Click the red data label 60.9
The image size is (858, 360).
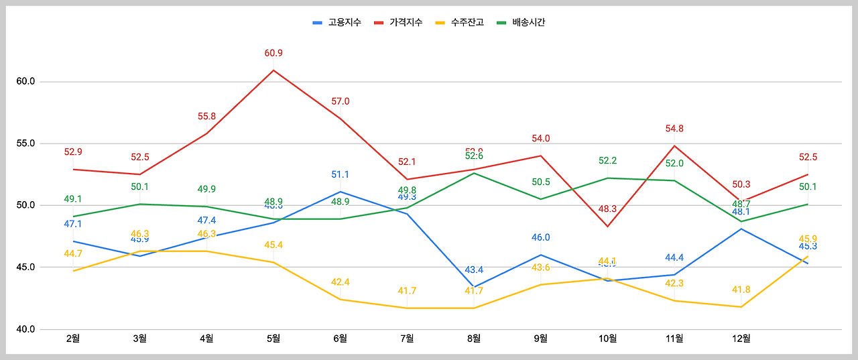pos(273,53)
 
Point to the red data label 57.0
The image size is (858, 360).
pos(341,101)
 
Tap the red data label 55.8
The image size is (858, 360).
pos(206,116)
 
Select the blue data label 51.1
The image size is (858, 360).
pos(341,174)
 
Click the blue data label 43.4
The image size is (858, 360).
pos(474,269)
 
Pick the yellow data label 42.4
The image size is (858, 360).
pos(341,282)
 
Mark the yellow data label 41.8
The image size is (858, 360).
pos(741,290)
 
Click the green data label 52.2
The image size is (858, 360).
pos(607,161)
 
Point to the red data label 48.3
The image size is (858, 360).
pos(607,209)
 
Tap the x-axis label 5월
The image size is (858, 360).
pos(273,339)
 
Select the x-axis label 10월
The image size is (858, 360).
pos(607,339)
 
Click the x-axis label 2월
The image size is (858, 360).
pos(73,339)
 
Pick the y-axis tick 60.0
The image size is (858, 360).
pos(25,82)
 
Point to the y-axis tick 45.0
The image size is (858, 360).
pos(25,267)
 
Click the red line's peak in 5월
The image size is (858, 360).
pos(273,70)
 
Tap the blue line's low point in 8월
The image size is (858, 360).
pos(474,287)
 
